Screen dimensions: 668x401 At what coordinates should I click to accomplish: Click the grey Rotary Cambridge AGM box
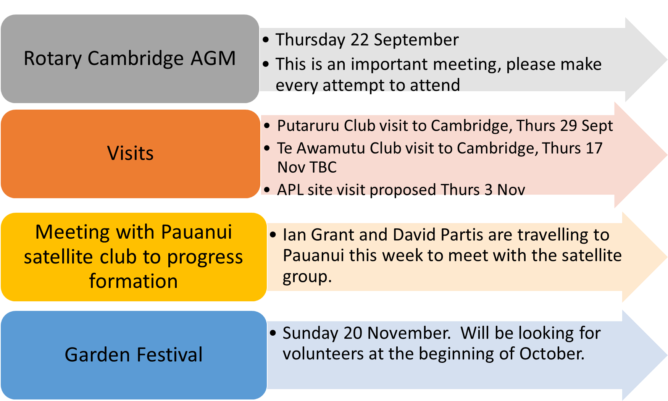130,59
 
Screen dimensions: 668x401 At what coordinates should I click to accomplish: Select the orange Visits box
131,154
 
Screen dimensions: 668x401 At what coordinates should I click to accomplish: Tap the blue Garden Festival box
134,355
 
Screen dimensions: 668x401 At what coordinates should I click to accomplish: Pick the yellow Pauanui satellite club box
134,257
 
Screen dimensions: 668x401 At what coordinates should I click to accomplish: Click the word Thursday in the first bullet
310,40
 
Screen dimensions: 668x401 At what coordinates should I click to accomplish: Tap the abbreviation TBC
323,167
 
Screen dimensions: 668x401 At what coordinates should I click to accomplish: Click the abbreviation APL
290,190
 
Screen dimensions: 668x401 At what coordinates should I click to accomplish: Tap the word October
552,354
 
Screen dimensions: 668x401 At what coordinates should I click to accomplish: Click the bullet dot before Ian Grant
273,234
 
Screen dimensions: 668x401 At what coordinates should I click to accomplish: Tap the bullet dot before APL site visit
267,189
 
